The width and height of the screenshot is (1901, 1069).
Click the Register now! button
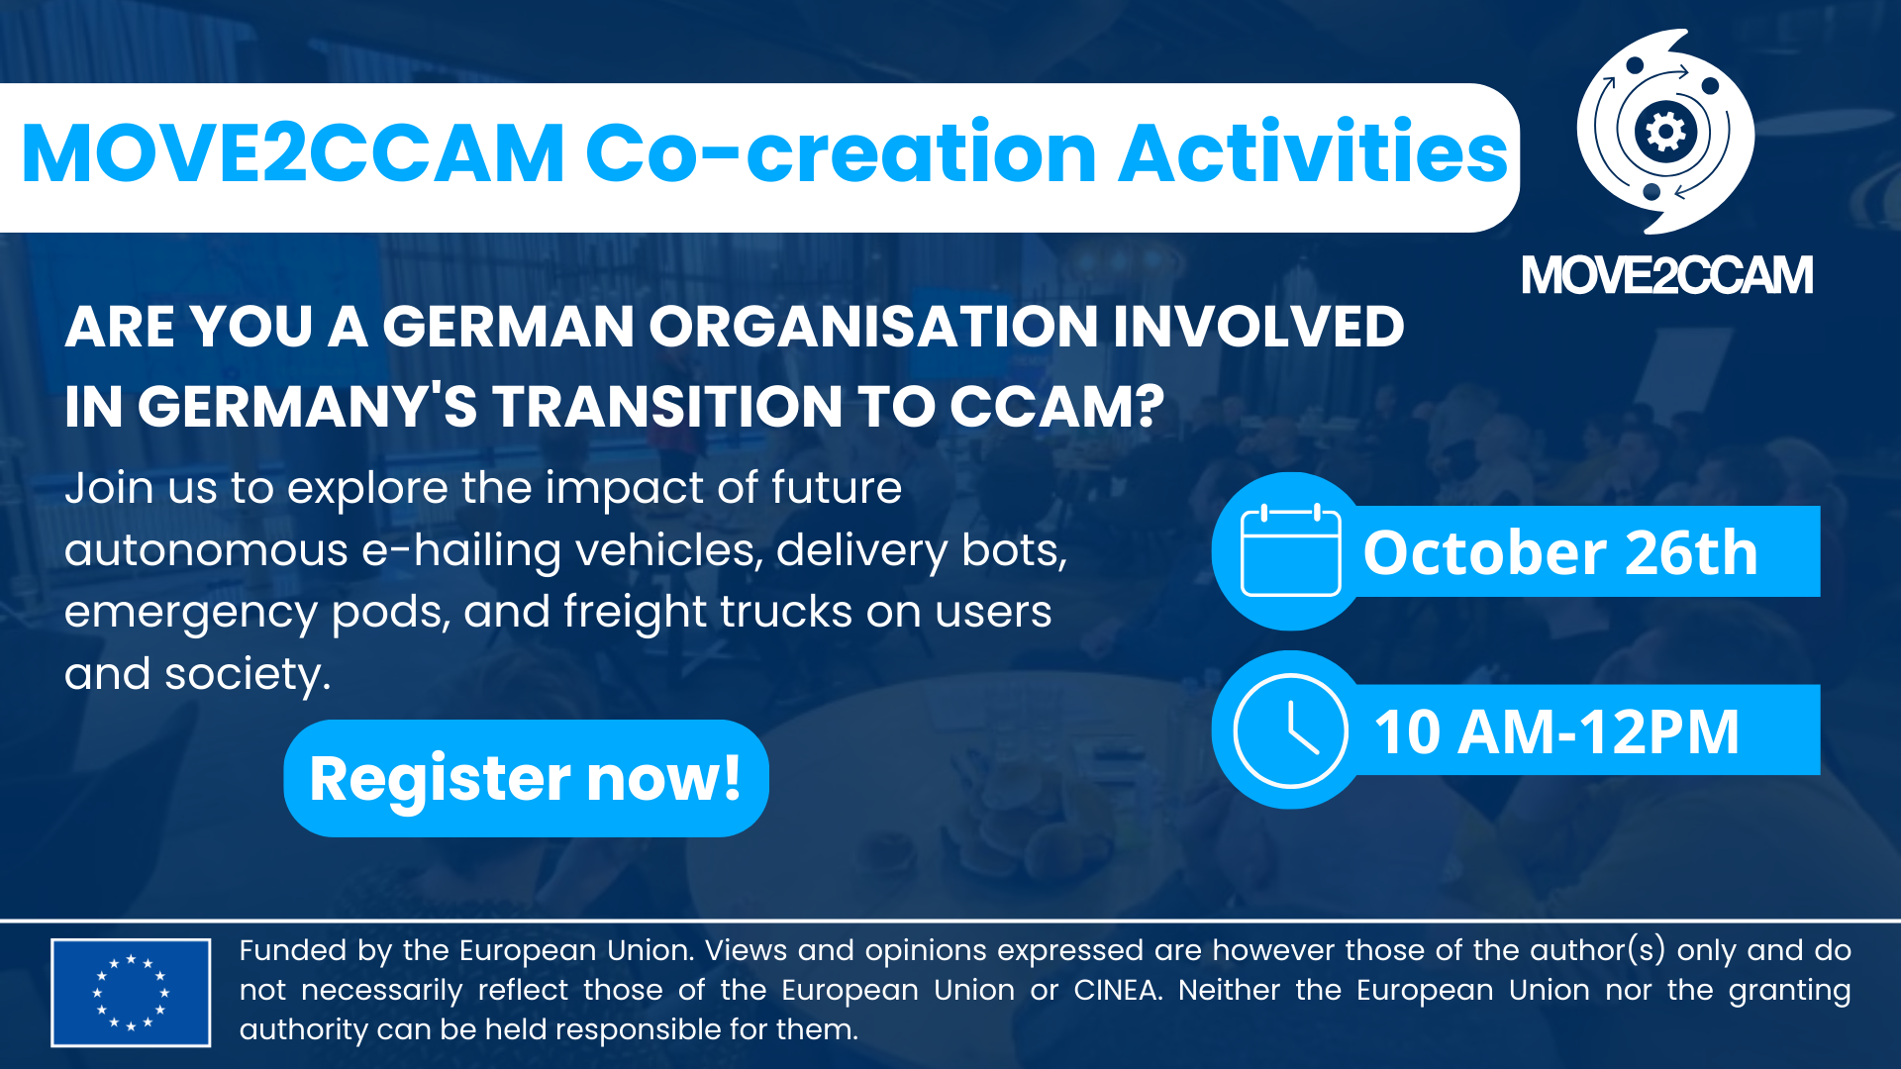526,778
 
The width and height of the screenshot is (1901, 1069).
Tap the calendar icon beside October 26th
1290,550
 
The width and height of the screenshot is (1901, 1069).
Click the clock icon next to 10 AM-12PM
1290,730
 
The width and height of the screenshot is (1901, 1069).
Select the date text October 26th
1560,552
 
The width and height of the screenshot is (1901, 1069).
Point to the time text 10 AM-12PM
1556,732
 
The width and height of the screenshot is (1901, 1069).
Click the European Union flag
131,992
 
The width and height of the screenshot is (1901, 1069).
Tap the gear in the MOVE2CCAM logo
1665,132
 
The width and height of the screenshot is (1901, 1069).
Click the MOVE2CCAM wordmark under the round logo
1667,275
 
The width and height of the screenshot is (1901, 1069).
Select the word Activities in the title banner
1313,153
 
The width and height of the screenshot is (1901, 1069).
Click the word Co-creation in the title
841,153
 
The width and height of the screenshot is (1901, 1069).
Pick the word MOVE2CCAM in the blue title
293,153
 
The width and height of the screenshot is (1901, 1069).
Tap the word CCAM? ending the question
1057,407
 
